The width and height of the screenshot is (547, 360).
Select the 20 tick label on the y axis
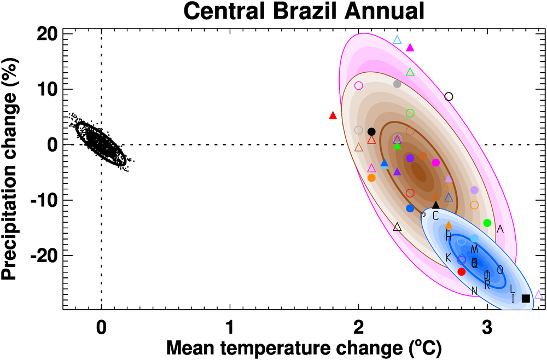coord(46,34)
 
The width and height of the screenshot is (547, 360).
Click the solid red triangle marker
coord(333,115)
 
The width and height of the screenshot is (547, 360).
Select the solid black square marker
coord(526,298)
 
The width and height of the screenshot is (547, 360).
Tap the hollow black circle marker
coord(449,96)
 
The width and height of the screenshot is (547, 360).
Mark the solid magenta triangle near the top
coord(410,48)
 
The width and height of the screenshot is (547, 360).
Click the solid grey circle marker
coord(398,84)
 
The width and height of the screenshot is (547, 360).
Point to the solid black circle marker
coord(371,131)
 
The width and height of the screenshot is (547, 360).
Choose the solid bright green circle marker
coord(487,223)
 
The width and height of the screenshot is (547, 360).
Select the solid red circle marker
coord(461,271)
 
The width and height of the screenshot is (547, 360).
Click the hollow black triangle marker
coord(398,227)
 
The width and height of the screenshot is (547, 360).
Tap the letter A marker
coord(499,229)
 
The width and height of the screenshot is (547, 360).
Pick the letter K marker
coord(448,257)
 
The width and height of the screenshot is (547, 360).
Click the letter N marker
coord(474,290)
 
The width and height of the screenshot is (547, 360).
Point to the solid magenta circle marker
coord(436,162)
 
